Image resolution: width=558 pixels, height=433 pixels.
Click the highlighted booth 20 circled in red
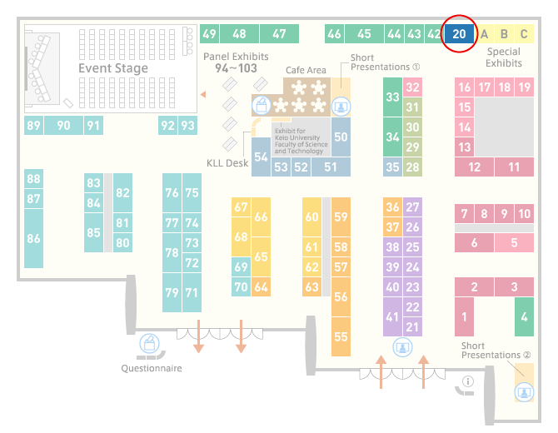click(459, 34)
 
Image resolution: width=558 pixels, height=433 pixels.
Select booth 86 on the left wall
click(34, 238)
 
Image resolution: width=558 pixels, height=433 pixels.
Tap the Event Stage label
click(113, 68)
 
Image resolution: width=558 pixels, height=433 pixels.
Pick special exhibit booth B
click(504, 34)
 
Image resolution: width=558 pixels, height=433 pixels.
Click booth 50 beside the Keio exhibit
click(341, 137)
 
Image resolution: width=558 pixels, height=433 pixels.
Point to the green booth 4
click(524, 316)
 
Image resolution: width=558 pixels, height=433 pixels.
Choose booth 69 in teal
click(241, 266)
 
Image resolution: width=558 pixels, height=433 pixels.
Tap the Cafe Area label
click(306, 70)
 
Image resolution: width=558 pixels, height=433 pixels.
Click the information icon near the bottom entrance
click(467, 381)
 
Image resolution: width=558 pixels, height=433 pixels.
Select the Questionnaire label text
click(152, 368)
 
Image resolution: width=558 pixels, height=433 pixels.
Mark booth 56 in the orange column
click(341, 296)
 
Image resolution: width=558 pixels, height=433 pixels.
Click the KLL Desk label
click(227, 163)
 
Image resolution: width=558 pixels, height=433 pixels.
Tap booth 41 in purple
click(392, 316)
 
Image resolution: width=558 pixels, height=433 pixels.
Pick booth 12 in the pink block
click(474, 167)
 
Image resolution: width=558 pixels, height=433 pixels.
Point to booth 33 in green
click(392, 97)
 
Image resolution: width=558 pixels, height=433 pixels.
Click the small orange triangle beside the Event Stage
click(203, 94)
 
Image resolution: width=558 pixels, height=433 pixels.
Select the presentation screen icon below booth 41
click(402, 347)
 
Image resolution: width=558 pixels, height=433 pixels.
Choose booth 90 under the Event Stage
click(63, 125)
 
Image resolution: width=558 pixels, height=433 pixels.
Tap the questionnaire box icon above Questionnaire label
click(149, 343)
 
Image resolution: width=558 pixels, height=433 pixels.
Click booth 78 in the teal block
click(172, 252)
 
